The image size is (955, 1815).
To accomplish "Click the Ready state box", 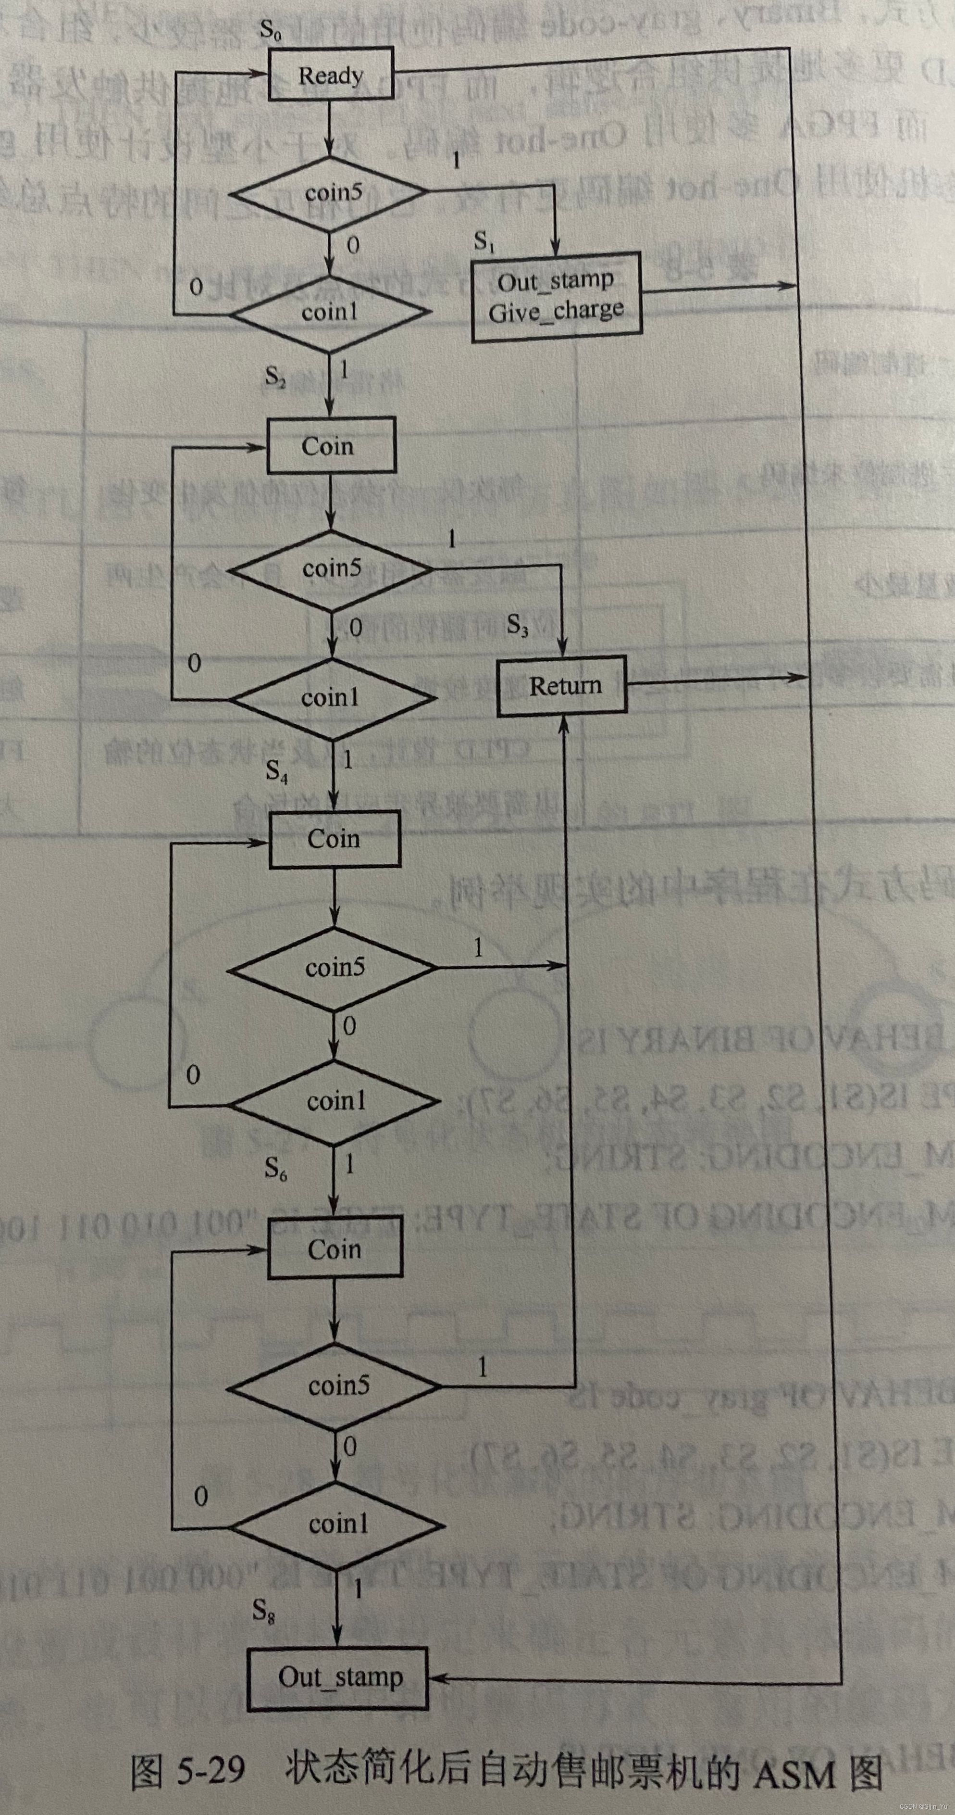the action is tap(330, 74).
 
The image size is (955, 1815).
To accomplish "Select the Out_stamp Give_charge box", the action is tap(557, 297).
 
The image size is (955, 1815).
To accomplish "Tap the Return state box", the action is tap(562, 686).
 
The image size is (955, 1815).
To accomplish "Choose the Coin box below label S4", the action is tap(335, 838).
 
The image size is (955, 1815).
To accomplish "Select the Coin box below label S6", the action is tap(335, 1249).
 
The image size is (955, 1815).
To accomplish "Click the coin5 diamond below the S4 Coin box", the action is tap(334, 968).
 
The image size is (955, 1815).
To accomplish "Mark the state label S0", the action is tap(271, 30).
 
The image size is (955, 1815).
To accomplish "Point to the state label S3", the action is tap(518, 625).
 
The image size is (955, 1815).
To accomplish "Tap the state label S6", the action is tap(275, 1169).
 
